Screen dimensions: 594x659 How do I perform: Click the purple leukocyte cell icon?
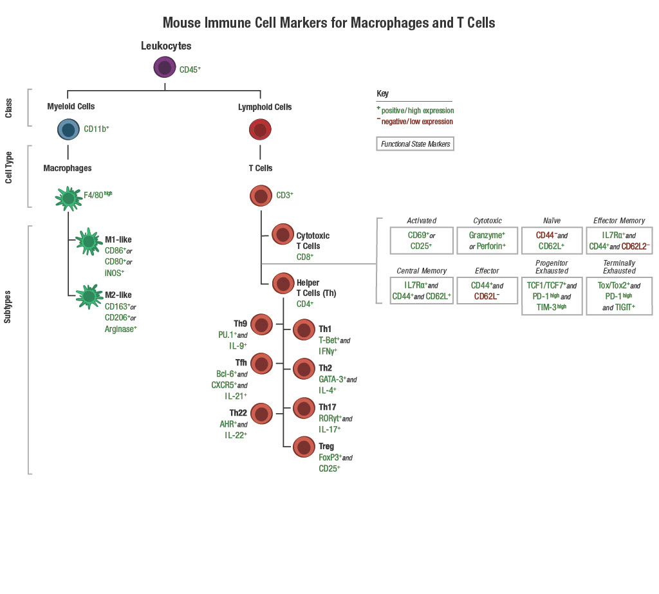[165, 68]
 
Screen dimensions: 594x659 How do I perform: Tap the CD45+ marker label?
[190, 69]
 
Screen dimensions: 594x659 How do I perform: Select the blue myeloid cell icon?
[68, 129]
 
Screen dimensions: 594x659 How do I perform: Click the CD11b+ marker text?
[96, 129]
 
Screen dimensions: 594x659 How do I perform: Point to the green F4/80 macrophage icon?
[68, 198]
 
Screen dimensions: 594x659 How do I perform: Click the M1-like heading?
[118, 240]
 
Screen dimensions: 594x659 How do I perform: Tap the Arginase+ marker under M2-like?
[121, 328]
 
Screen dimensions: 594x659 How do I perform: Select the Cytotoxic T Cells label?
[313, 241]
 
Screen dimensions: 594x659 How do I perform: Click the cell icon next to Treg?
[304, 447]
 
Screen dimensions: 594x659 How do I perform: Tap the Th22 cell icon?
[261, 415]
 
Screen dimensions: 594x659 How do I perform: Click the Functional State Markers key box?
[415, 144]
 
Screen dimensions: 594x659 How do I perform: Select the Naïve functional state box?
[552, 240]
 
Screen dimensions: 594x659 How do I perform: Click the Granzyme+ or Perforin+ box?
[487, 240]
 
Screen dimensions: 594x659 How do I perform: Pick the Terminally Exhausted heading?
[619, 267]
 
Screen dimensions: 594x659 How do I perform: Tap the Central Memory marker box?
[422, 290]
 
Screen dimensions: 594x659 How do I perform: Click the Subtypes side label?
[8, 305]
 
